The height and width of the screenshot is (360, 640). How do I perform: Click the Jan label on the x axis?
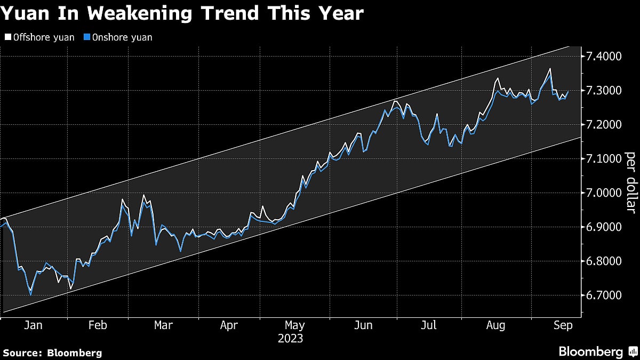point(33,325)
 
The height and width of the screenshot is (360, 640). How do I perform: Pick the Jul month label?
point(429,325)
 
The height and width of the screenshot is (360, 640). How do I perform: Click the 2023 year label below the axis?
point(291,339)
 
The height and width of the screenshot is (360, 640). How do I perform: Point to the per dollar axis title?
point(630,181)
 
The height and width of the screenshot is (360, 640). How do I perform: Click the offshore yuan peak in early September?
point(550,69)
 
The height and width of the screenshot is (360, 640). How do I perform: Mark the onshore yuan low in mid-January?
point(30,294)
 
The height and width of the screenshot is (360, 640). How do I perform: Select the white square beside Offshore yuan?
point(7,37)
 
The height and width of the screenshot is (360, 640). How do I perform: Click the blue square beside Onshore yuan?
point(87,37)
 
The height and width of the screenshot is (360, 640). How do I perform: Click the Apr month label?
point(229,325)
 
